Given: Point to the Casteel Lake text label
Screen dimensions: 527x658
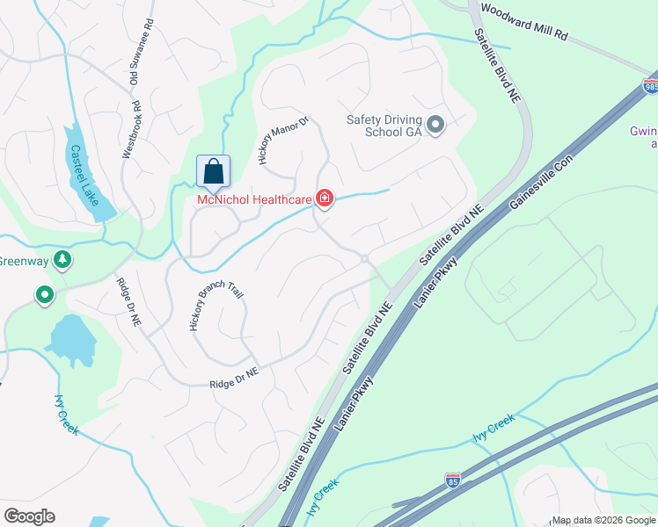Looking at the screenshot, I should point(84,174).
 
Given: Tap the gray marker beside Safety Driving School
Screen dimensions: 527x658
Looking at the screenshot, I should point(435,126).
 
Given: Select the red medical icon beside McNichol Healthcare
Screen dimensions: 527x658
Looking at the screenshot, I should point(325,199).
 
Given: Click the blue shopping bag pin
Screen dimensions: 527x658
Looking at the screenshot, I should point(213,171).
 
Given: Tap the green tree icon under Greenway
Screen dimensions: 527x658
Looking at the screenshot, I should point(62,259).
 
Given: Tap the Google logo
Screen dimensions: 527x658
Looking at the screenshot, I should point(30,516).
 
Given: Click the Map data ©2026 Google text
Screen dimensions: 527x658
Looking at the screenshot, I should point(603,520).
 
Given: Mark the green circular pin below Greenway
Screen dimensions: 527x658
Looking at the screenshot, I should point(44,296).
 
